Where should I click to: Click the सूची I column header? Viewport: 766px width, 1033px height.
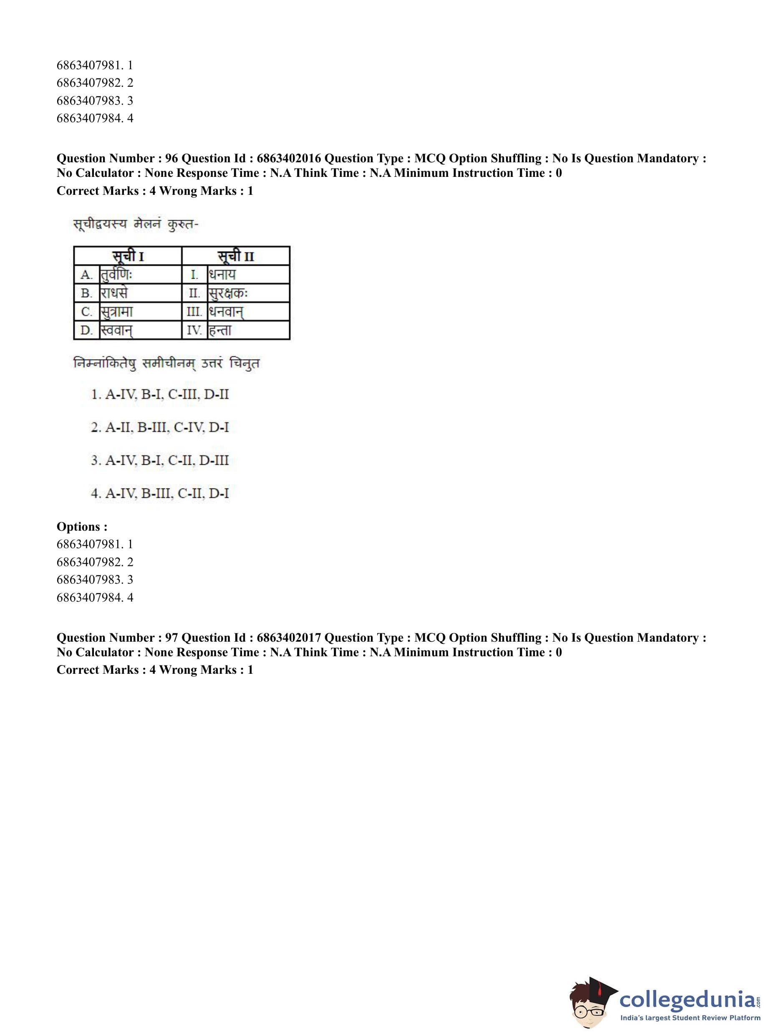(x=128, y=256)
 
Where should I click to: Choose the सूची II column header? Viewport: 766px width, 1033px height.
(x=236, y=256)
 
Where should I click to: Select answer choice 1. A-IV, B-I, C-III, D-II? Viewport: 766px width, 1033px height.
(x=160, y=395)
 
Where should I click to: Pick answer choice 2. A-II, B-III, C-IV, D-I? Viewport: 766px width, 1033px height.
(x=160, y=428)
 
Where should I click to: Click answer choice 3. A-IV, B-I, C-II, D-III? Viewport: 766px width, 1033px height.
(x=160, y=461)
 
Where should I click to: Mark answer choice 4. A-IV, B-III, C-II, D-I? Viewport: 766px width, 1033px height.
(x=160, y=493)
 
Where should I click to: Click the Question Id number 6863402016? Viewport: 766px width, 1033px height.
(x=288, y=159)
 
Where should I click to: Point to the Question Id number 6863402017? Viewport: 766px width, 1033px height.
(x=288, y=637)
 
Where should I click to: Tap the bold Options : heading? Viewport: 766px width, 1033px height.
(x=82, y=527)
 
